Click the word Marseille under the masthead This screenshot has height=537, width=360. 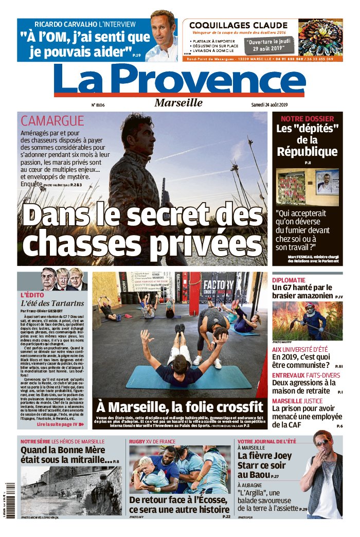178,102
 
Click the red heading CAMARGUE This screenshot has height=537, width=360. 52,121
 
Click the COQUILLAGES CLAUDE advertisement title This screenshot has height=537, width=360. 238,25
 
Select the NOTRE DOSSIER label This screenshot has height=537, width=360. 307,118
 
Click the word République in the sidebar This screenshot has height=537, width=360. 307,151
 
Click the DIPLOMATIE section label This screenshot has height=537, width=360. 292,280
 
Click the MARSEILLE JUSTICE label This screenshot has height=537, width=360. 297,401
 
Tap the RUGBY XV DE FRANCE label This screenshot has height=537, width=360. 152,441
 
